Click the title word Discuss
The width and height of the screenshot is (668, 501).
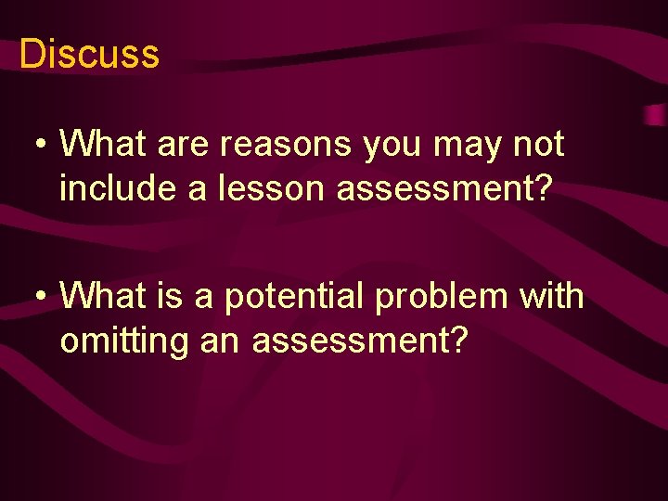[89, 54]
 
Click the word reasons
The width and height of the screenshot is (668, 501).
[290, 146]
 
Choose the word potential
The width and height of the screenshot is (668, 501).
[291, 298]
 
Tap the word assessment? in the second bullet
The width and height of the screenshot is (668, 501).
[360, 340]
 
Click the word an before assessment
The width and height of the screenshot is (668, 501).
[220, 342]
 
